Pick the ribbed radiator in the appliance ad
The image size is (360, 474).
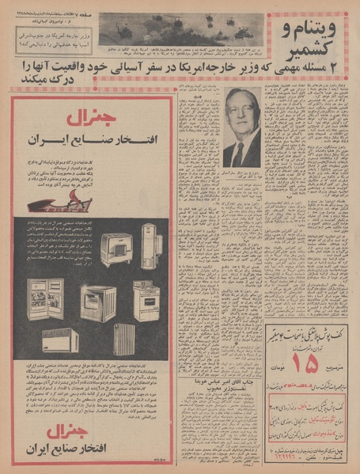click(x=124, y=339)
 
